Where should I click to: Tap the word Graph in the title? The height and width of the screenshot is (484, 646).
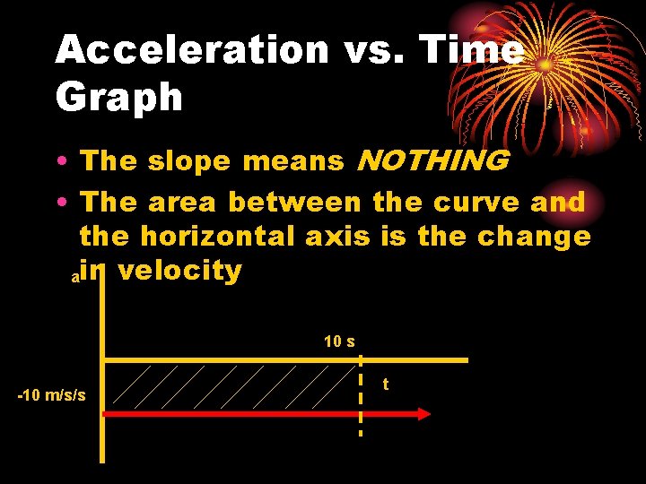(118, 97)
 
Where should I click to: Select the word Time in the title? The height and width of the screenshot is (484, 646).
(468, 50)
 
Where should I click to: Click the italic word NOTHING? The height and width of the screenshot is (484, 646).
(432, 161)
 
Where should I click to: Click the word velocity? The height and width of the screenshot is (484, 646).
(179, 270)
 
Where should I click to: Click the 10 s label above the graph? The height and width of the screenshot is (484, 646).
(339, 341)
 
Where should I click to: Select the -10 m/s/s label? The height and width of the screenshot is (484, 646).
(52, 395)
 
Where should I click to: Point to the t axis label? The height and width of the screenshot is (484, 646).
(385, 384)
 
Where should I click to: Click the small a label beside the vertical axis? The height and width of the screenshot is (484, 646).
(75, 279)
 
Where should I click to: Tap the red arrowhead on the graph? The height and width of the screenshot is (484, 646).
(421, 414)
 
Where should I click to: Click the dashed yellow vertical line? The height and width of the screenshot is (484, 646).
(361, 394)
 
